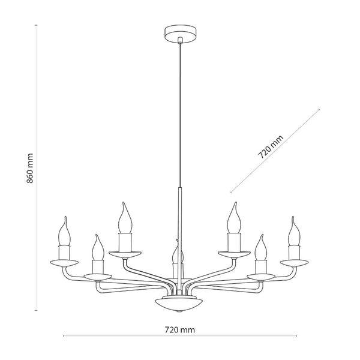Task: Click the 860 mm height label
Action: click(x=31, y=168)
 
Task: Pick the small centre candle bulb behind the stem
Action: click(x=175, y=255)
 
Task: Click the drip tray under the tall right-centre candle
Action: click(x=233, y=254)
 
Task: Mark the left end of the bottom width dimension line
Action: click(x=64, y=337)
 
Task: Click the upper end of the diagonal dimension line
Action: click(x=320, y=109)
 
